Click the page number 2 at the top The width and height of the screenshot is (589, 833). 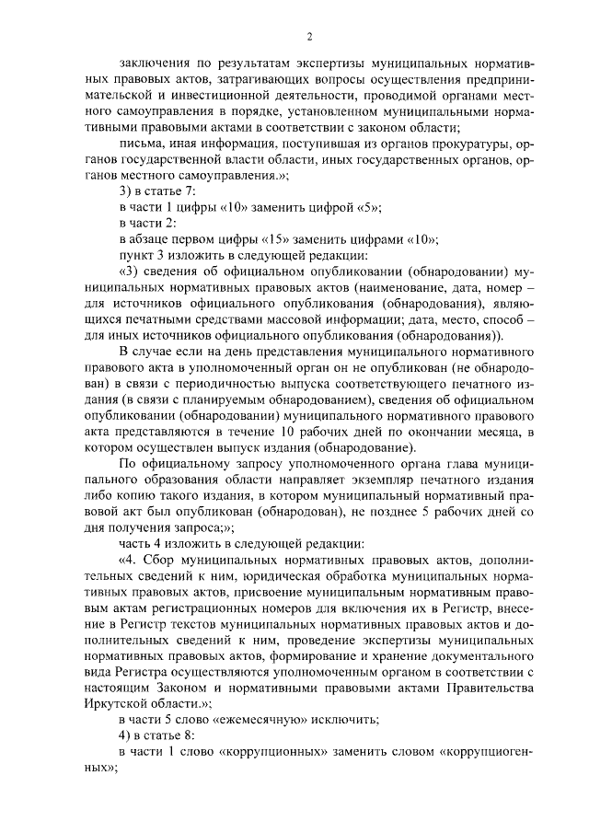point(310,36)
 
